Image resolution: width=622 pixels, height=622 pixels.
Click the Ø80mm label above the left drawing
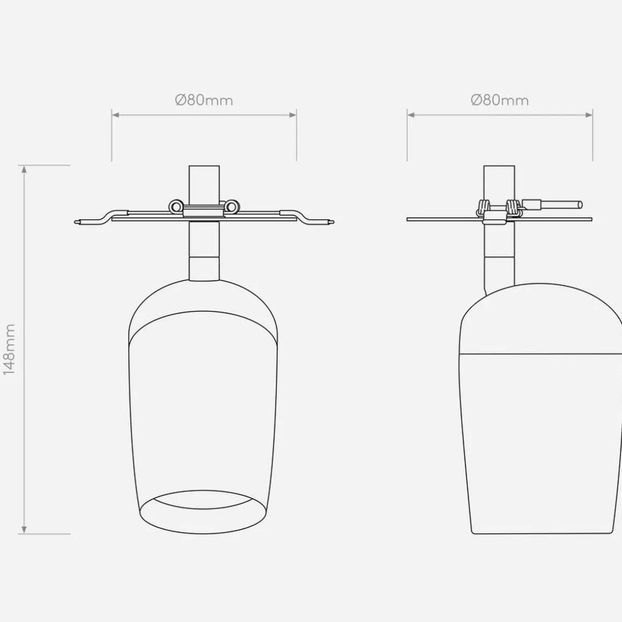coord(204,100)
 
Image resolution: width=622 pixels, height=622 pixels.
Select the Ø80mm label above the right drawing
coord(500,100)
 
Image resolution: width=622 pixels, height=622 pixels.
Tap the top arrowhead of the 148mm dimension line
coord(24,169)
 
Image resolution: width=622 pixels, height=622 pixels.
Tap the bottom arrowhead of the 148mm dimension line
coord(24,530)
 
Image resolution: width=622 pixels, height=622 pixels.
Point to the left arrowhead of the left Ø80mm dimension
coord(116,115)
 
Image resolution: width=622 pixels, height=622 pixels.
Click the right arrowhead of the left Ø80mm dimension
coord(292,115)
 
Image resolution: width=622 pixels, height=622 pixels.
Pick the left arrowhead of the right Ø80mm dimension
coord(411,115)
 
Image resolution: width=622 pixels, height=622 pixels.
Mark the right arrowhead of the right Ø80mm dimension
coord(588,115)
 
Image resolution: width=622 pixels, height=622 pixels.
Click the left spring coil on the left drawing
coord(175,205)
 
